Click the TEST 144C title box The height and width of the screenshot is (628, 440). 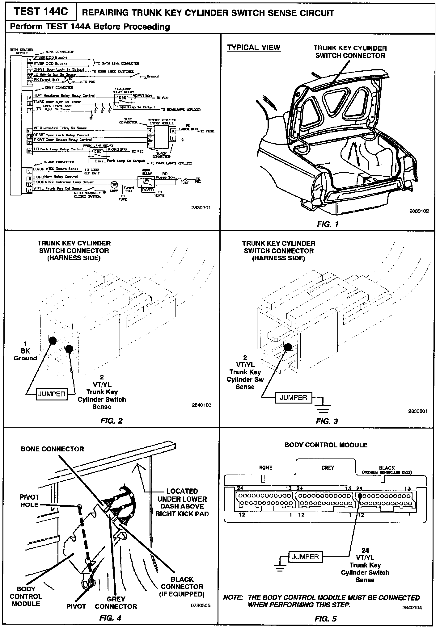click(x=41, y=12)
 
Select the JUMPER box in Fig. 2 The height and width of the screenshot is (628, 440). click(x=51, y=394)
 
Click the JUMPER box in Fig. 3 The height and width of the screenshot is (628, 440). click(x=293, y=397)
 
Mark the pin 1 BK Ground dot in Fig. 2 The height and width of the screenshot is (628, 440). click(x=53, y=340)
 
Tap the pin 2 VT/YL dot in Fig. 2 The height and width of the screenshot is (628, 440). click(x=69, y=349)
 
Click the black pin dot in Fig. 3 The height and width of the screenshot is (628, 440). click(x=288, y=347)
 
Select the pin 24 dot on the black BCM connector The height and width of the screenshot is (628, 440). click(x=360, y=496)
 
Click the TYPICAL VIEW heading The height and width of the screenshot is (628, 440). click(x=254, y=48)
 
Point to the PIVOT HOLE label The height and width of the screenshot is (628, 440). click(x=29, y=501)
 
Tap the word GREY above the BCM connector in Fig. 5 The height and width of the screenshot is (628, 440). click(x=328, y=468)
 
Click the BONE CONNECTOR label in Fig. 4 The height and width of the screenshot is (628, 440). click(x=52, y=449)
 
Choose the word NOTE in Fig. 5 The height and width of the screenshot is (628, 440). click(x=232, y=598)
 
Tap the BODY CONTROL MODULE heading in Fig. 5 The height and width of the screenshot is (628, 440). click(x=326, y=445)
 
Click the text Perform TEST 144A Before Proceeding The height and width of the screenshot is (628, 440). click(x=90, y=27)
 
